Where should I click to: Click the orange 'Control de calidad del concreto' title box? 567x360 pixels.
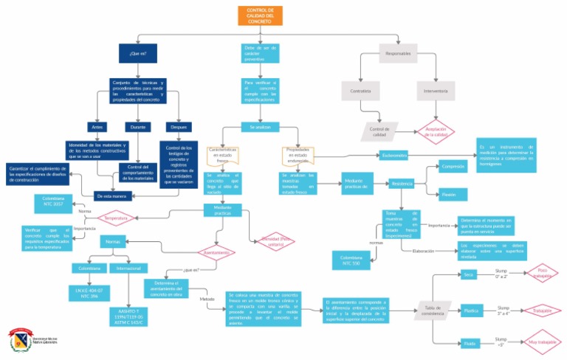[259, 15]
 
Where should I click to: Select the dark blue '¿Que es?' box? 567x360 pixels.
[138, 53]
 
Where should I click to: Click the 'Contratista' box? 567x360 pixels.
[360, 91]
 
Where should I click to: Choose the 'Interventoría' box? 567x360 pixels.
[436, 91]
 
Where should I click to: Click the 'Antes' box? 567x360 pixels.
[97, 127]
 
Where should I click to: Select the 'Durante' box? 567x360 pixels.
[137, 127]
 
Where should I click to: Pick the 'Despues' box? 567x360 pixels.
[175, 127]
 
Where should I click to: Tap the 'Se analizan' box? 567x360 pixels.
[260, 127]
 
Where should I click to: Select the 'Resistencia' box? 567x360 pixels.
[402, 183]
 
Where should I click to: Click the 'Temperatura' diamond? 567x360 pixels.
[116, 219]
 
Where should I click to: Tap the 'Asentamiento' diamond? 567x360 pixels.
[214, 252]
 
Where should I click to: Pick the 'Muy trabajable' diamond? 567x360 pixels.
[542, 342]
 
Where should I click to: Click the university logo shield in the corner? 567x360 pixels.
[18, 341]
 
